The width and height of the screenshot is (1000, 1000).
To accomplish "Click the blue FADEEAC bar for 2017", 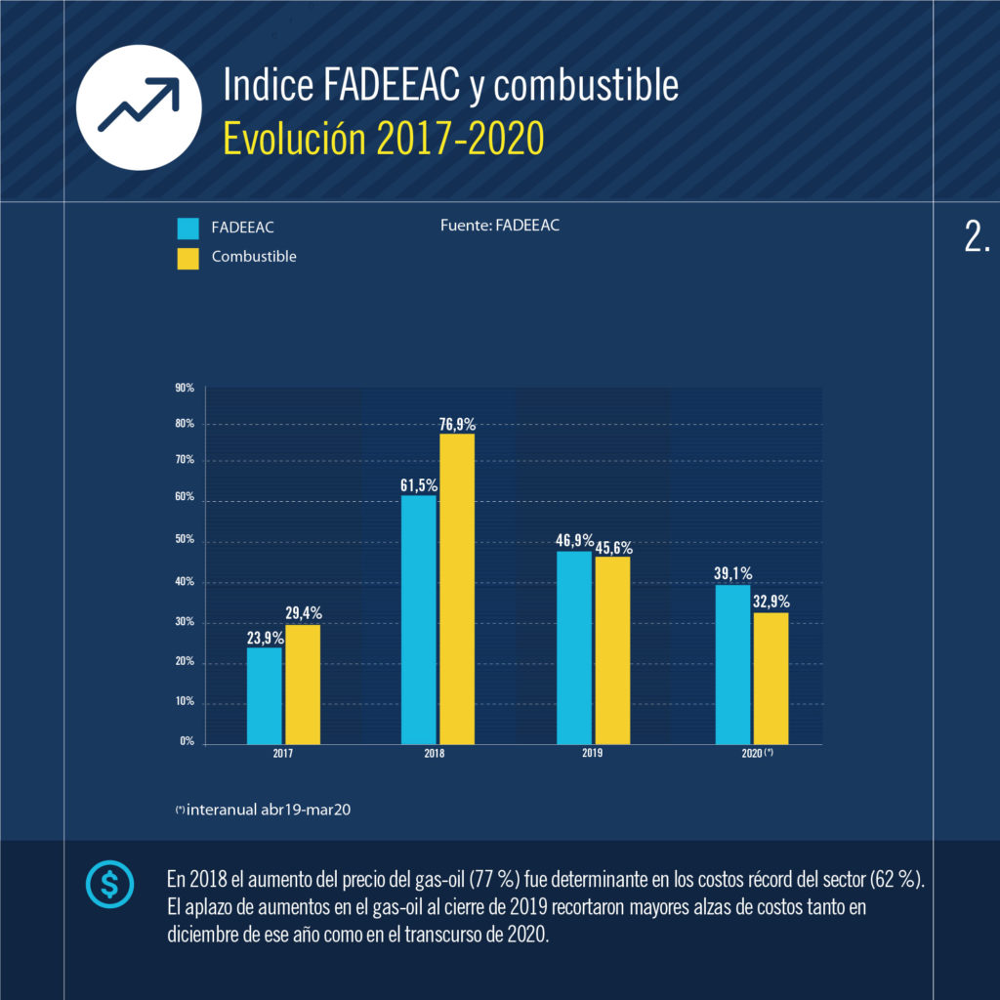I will click(264, 695).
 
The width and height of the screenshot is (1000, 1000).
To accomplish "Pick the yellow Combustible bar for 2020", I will click(771, 678).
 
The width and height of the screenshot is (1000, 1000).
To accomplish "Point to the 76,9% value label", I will click(457, 425).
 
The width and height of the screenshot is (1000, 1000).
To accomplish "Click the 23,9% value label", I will click(265, 638).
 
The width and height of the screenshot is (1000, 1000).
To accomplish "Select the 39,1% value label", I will click(732, 574).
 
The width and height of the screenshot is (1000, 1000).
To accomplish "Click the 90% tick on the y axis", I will click(185, 389).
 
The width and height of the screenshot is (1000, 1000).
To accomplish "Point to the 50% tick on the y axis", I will click(185, 540).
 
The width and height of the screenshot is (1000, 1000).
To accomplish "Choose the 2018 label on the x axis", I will click(437, 754).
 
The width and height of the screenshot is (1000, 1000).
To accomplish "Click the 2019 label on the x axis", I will click(592, 754).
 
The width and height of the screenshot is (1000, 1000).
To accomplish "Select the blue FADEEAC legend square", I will click(188, 229).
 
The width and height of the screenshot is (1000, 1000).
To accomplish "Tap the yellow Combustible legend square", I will click(188, 257).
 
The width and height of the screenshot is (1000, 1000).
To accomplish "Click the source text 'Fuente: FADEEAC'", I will click(500, 226).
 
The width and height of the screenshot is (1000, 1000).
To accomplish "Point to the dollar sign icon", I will click(110, 884).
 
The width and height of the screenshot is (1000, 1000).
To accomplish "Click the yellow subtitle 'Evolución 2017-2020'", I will click(383, 140).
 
